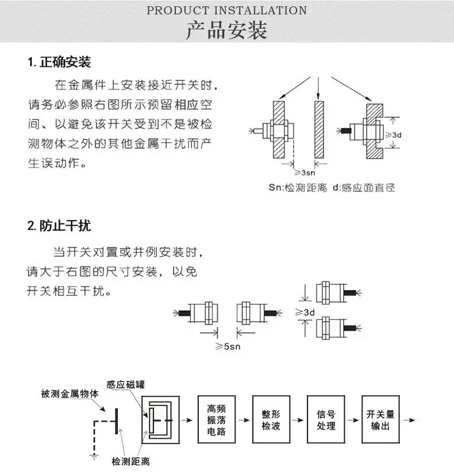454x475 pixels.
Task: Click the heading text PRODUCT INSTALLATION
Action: [x=226, y=10]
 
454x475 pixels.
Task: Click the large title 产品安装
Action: [x=226, y=31]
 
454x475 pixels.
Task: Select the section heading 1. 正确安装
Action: [x=59, y=62]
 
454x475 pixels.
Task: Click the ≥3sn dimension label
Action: [x=305, y=172]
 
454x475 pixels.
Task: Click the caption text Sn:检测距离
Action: [x=297, y=187]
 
